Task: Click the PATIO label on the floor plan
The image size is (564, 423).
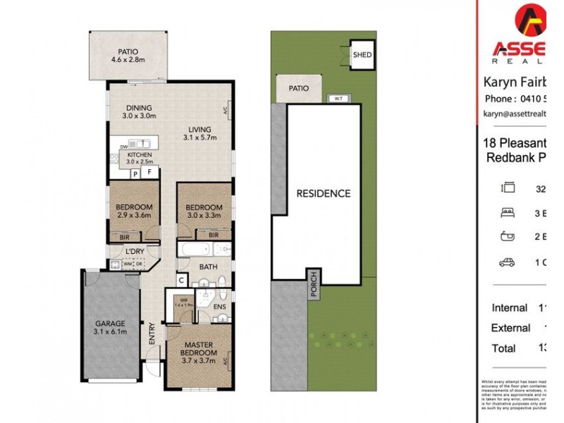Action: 128,51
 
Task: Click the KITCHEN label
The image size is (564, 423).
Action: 140,155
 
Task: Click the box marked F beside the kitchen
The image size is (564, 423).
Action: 149,171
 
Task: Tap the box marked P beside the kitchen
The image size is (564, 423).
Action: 135,172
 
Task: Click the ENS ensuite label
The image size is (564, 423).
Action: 219,307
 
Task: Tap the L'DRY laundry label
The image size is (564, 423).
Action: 135,251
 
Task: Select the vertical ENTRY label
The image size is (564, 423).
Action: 152,333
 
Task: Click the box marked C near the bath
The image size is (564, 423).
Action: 181,279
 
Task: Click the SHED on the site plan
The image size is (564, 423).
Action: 362,54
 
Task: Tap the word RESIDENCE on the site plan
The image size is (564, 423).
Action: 323,192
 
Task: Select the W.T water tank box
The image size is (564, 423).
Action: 338,97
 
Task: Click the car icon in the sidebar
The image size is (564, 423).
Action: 506,262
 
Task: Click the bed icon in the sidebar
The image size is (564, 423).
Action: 506,211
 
